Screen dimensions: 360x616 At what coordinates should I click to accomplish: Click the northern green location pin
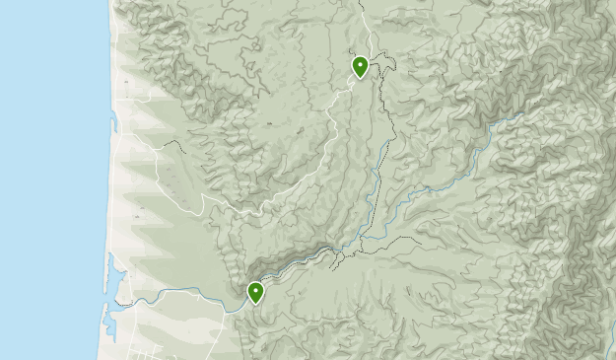pos(361,67)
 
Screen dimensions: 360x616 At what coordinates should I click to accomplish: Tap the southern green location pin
pos(255,292)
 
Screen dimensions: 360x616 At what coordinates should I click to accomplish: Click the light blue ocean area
pos(49,178)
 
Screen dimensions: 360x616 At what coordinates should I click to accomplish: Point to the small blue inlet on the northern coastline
pos(115,122)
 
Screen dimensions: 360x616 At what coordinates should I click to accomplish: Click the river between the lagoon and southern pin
pos(187,295)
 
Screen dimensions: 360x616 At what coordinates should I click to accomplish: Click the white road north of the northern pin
pos(363,25)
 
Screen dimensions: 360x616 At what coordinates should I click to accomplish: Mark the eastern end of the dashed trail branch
pos(420,241)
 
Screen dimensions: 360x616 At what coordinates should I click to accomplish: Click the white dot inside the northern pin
pos(361,64)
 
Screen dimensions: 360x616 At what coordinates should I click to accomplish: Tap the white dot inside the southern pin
pos(255,289)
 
